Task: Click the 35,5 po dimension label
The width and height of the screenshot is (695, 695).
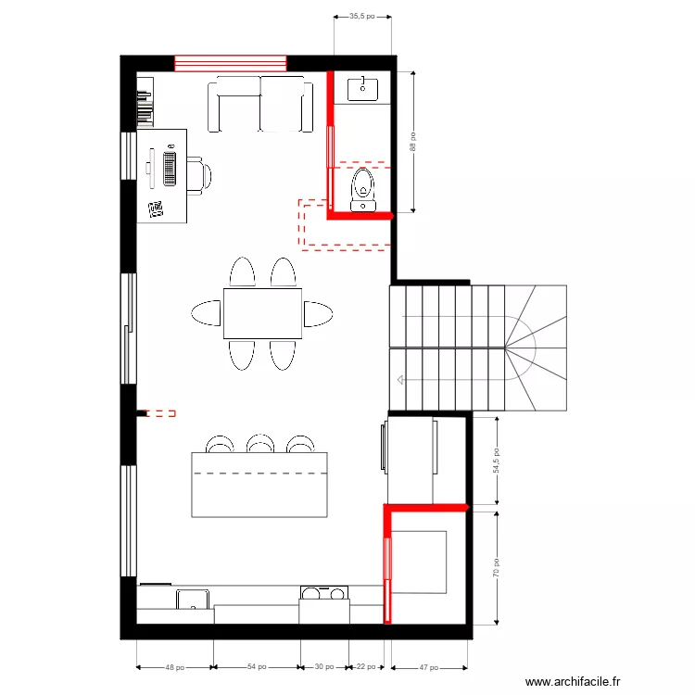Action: pyautogui.click(x=362, y=16)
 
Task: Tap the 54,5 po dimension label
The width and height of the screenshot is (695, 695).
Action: pyautogui.click(x=496, y=462)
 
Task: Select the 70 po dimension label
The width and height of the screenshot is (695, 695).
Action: pyautogui.click(x=496, y=567)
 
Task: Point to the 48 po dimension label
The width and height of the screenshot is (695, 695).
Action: pyautogui.click(x=175, y=666)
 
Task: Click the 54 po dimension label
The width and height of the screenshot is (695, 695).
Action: pyautogui.click(x=257, y=666)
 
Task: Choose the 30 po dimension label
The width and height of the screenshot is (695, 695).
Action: pyautogui.click(x=323, y=666)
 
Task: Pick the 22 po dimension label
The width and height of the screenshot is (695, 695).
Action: pyautogui.click(x=367, y=666)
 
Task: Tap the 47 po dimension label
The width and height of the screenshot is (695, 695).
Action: pyautogui.click(x=429, y=666)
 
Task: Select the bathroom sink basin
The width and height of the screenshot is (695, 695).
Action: pyautogui.click(x=362, y=90)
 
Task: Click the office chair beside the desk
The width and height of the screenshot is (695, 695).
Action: pyautogui.click(x=198, y=174)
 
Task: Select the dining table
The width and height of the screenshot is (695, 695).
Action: pyautogui.click(x=262, y=313)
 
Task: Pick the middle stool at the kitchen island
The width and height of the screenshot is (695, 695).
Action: pyautogui.click(x=260, y=444)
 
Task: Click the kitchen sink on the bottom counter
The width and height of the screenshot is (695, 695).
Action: pyautogui.click(x=193, y=599)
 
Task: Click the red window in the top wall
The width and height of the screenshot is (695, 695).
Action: pyautogui.click(x=231, y=63)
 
